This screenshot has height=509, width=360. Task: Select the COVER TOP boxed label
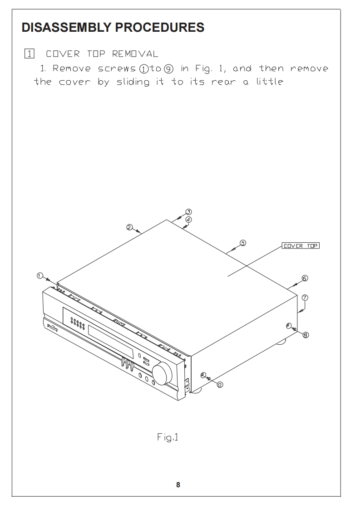click(301, 246)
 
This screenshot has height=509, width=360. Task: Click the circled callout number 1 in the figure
click(40, 275)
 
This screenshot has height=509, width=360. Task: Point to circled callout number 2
click(129, 227)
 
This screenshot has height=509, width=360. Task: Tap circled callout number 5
click(243, 243)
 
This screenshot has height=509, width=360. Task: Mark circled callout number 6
click(305, 278)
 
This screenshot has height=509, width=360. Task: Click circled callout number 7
click(305, 298)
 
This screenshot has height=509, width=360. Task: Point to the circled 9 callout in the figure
click(220, 384)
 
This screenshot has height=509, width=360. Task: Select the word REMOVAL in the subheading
click(135, 54)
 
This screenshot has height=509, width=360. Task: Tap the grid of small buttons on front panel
click(78, 324)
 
